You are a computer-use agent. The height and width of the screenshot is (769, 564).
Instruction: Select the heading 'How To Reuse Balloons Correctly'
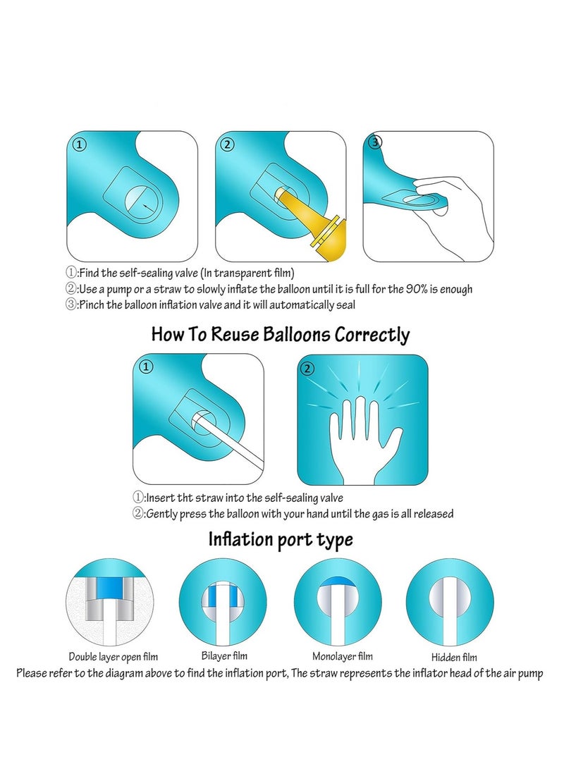(x=280, y=334)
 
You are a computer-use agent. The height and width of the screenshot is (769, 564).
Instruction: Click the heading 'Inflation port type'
(x=280, y=540)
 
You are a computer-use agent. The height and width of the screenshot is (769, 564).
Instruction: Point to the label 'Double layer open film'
(x=113, y=656)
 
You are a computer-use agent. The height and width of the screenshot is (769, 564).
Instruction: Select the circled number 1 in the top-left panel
(x=80, y=145)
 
